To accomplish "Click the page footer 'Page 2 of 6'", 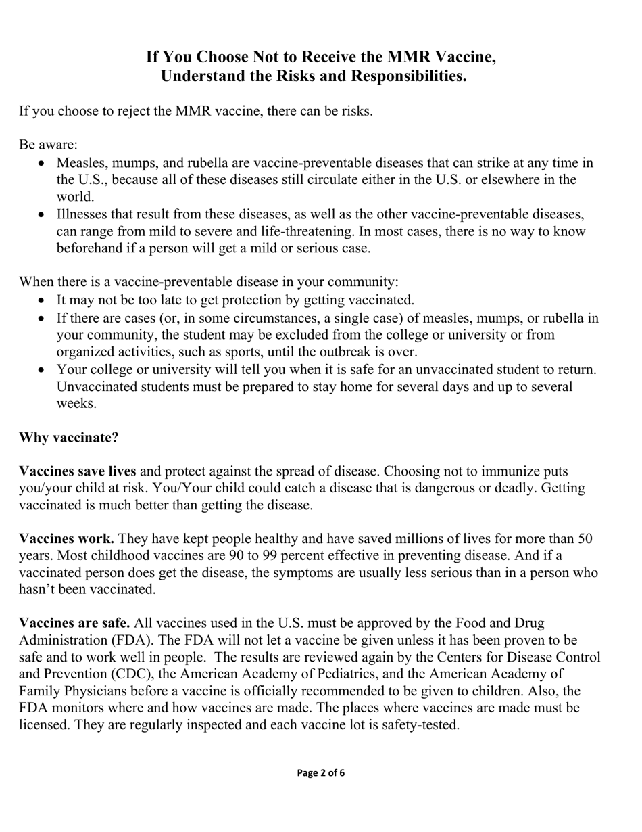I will point(321,772).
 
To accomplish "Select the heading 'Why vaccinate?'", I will point(69,437).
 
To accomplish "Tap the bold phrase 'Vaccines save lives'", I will point(78,471).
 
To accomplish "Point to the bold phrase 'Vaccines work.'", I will point(66,538).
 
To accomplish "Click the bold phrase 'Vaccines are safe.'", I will point(74,622).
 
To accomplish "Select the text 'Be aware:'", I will point(49,145).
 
